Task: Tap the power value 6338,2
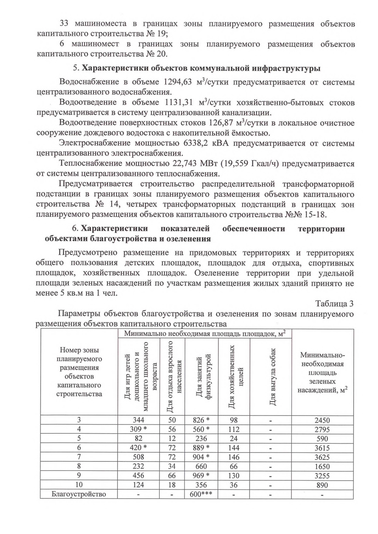click(x=197, y=143)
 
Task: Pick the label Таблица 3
click(x=335, y=304)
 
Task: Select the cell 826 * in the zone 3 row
click(x=201, y=420)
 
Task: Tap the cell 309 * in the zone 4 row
click(x=139, y=429)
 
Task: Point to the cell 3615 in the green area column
click(x=322, y=448)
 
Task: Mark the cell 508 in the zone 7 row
click(x=138, y=457)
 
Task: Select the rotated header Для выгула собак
click(x=272, y=377)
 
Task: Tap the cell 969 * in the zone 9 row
click(x=201, y=476)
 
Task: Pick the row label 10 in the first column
click(x=79, y=485)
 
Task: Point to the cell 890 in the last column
click(x=322, y=485)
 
